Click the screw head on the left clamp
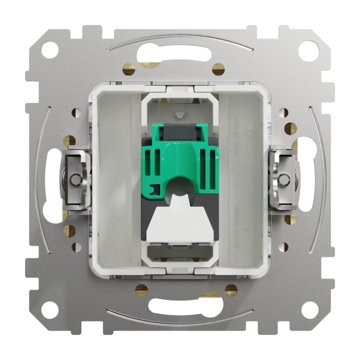pos(76,179)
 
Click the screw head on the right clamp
pos(284,179)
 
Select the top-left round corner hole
pos(49,50)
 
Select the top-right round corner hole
pos(311,50)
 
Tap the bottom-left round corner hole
pos(49,310)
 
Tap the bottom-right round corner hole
pos(311,310)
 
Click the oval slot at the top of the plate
pos(180,54)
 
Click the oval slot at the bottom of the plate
pos(180,305)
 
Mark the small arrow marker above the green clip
pos(179,114)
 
